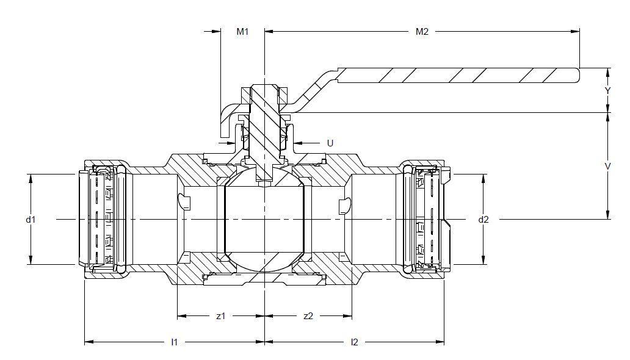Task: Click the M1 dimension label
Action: pyautogui.click(x=242, y=32)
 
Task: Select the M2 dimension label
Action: pyautogui.click(x=422, y=32)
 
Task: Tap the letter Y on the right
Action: pyautogui.click(x=607, y=90)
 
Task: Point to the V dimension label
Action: pyautogui.click(x=607, y=165)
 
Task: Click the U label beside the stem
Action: pyautogui.click(x=330, y=143)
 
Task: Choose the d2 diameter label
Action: pyautogui.click(x=483, y=219)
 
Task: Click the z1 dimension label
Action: pyautogui.click(x=221, y=316)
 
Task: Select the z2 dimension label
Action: pyautogui.click(x=308, y=316)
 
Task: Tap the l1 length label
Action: pyautogui.click(x=174, y=342)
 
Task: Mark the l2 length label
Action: pyautogui.click(x=354, y=342)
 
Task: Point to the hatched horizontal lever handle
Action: pyautogui.click(x=458, y=75)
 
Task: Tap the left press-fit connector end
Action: pyautogui.click(x=101, y=219)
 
